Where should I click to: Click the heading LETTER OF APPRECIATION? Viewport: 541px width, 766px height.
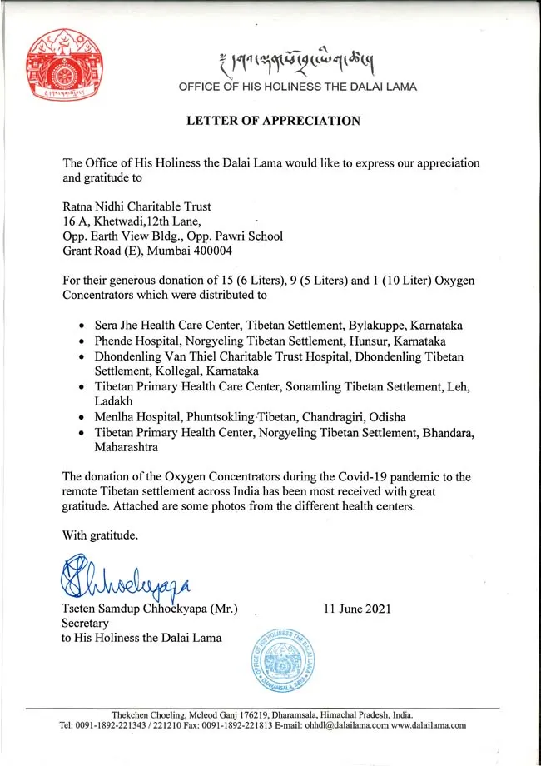coord(274,121)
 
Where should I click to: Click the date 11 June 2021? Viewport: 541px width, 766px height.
coord(357,609)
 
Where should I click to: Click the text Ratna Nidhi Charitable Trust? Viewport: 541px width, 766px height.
coord(137,206)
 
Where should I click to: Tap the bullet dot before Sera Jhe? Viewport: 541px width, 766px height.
coord(81,327)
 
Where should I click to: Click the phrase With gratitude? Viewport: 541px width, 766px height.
coord(100,534)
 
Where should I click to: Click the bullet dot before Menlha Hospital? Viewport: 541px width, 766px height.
coord(81,417)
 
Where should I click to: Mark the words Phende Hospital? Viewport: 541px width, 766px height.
coord(133,341)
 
